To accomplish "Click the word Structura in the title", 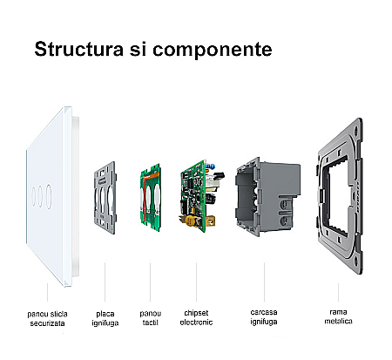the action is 79,49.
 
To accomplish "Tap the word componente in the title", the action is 213,50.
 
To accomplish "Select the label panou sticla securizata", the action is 47,318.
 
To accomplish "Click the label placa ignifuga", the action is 105,318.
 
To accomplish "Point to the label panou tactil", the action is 151,318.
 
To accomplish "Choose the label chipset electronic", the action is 196,317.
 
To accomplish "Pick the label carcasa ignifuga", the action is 264,317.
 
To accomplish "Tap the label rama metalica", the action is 338,316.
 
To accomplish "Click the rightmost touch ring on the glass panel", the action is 49,196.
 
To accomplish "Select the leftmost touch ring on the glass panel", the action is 34,196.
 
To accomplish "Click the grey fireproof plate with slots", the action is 105,198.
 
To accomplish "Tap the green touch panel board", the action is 151,198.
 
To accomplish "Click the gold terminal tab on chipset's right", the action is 212,221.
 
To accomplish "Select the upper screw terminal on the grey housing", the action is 286,205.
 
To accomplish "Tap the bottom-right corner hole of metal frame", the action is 356,259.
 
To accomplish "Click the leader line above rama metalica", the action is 338,292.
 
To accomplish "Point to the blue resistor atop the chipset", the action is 211,166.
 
